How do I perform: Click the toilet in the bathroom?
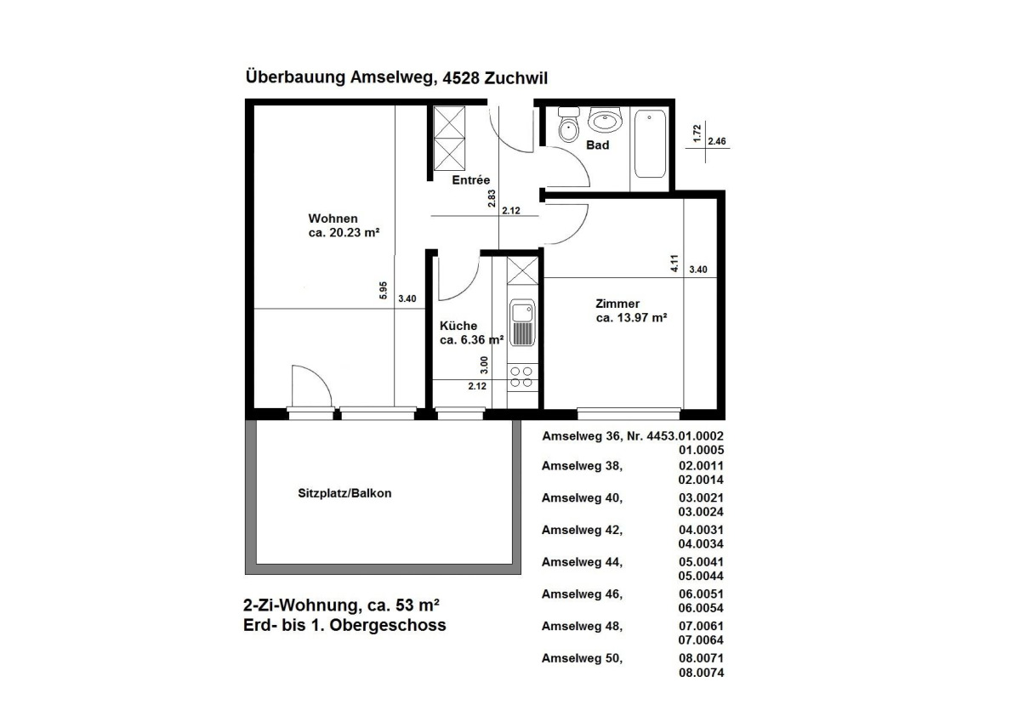pyautogui.click(x=567, y=128)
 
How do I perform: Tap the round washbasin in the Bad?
pyautogui.click(x=606, y=122)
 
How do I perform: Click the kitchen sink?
pyautogui.click(x=521, y=323)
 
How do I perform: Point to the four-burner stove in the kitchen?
pyautogui.click(x=521, y=377)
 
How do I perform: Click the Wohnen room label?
pyautogui.click(x=333, y=218)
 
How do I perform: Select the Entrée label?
pyautogui.click(x=470, y=179)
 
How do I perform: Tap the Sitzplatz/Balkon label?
pyautogui.click(x=344, y=493)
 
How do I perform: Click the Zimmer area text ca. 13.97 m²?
pyautogui.click(x=630, y=318)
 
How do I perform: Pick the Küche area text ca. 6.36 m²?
pyautogui.click(x=471, y=339)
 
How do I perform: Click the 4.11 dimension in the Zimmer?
pyautogui.click(x=674, y=264)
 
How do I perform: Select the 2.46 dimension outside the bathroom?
pyautogui.click(x=716, y=141)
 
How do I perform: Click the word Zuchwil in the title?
pyautogui.click(x=515, y=77)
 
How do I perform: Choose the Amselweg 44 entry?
pyautogui.click(x=583, y=562)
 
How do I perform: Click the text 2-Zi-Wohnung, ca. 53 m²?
pyautogui.click(x=341, y=605)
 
